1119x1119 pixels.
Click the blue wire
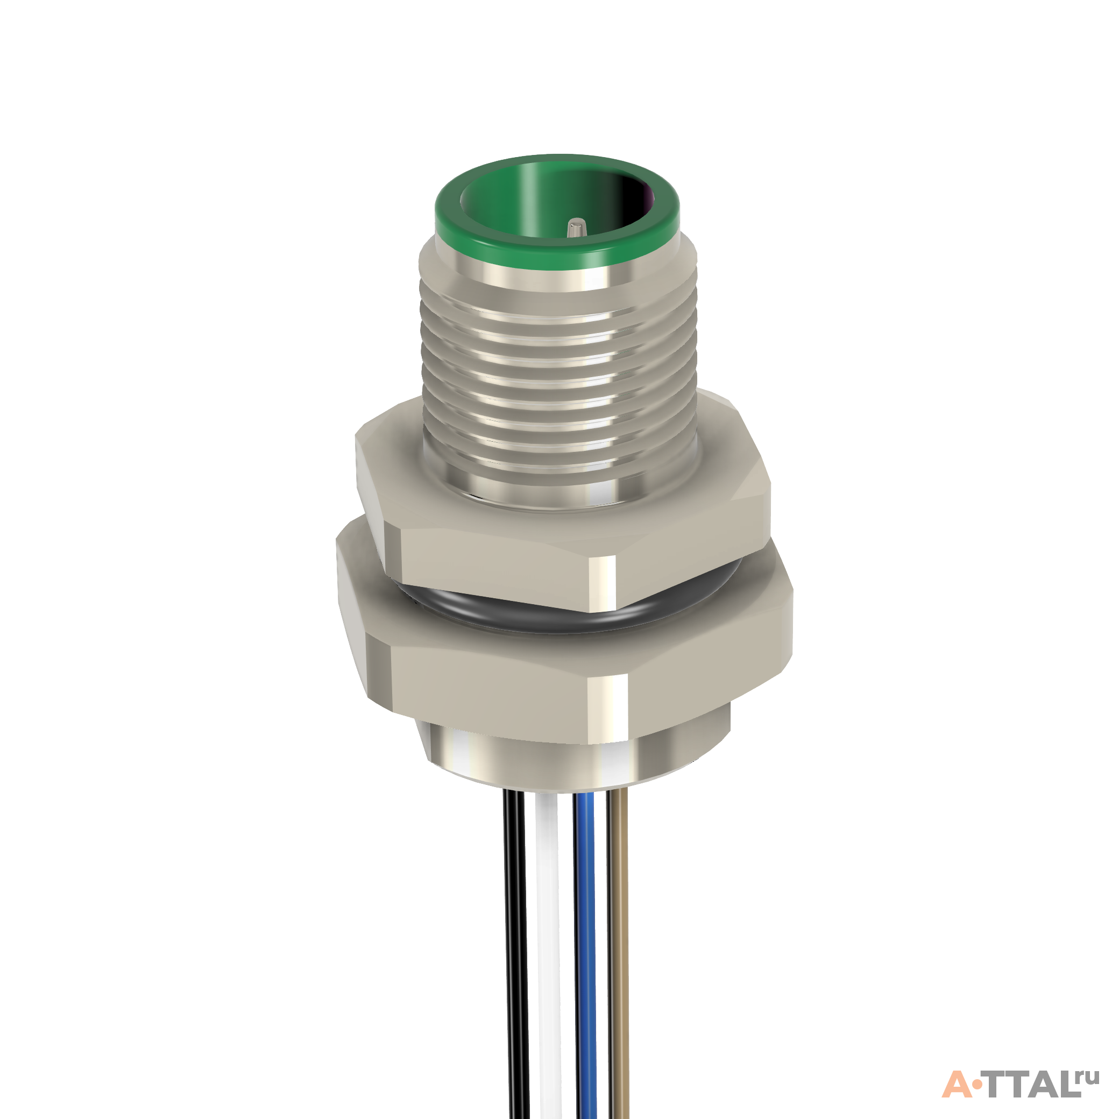[586, 955]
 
